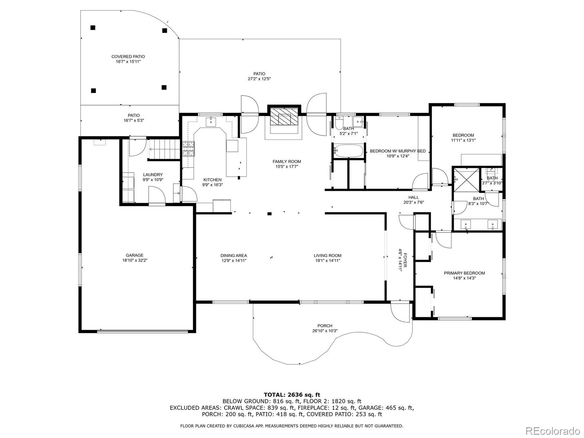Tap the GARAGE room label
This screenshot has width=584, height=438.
135,255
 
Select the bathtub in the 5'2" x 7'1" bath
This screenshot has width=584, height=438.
348,151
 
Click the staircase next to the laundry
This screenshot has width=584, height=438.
164,149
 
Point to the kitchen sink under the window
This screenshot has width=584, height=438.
211,122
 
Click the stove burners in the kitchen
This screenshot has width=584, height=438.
188,149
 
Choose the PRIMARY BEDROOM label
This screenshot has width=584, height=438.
464,273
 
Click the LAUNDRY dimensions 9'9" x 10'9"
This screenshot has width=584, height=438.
153,180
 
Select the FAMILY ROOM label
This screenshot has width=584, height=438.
287,161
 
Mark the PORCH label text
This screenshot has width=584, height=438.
325,326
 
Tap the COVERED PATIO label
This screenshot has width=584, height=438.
128,57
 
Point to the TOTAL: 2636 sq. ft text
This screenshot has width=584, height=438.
292,395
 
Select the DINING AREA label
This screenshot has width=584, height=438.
234,255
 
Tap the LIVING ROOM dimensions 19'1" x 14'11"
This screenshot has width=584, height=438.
327,261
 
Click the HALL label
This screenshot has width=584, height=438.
414,197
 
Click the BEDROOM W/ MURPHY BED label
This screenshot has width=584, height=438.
397,151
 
